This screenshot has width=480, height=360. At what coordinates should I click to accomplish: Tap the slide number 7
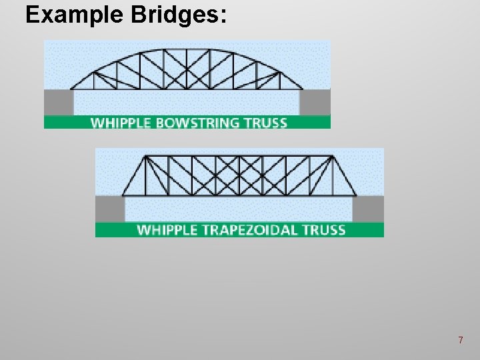[460, 341]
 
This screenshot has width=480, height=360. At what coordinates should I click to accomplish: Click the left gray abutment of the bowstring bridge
[59, 102]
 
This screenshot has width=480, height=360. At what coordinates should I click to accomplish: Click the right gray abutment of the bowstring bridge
[315, 102]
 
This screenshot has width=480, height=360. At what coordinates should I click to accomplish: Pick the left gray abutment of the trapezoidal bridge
[110, 209]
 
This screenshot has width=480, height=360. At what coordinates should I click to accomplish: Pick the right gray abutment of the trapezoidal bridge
[367, 209]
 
